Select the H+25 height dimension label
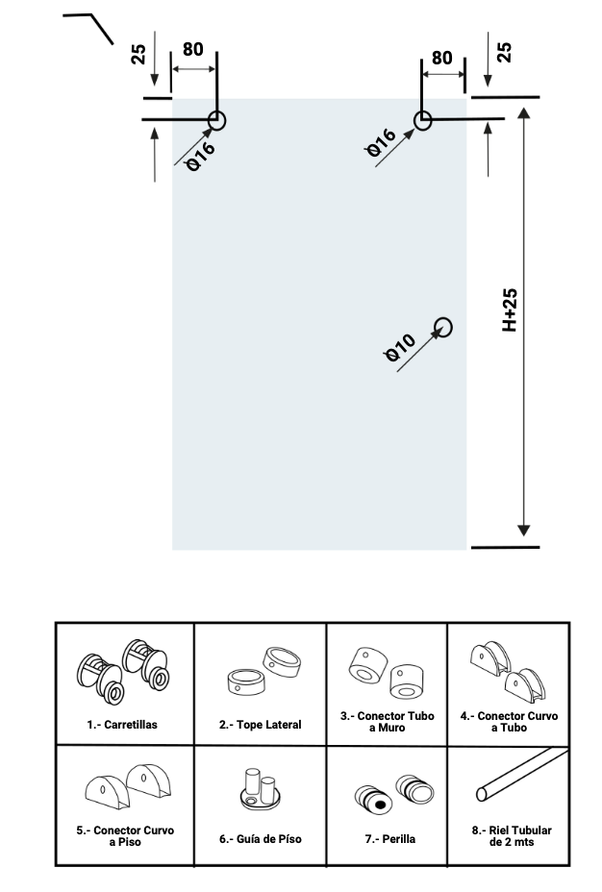coord(510,310)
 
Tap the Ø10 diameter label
coord(400,348)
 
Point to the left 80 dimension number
coord(193,49)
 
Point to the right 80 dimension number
coord(442,58)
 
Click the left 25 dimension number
coord(138,54)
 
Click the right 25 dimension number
coord(504,52)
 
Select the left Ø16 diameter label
coord(201,156)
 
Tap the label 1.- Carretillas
coord(122,725)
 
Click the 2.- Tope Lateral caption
coord(260,725)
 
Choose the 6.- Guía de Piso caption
coord(260,839)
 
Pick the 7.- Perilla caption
coord(390,839)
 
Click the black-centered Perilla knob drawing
coord(374,801)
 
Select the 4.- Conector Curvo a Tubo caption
coord(510,722)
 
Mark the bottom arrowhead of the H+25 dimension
coord(524,532)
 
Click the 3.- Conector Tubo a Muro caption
coord(387,722)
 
